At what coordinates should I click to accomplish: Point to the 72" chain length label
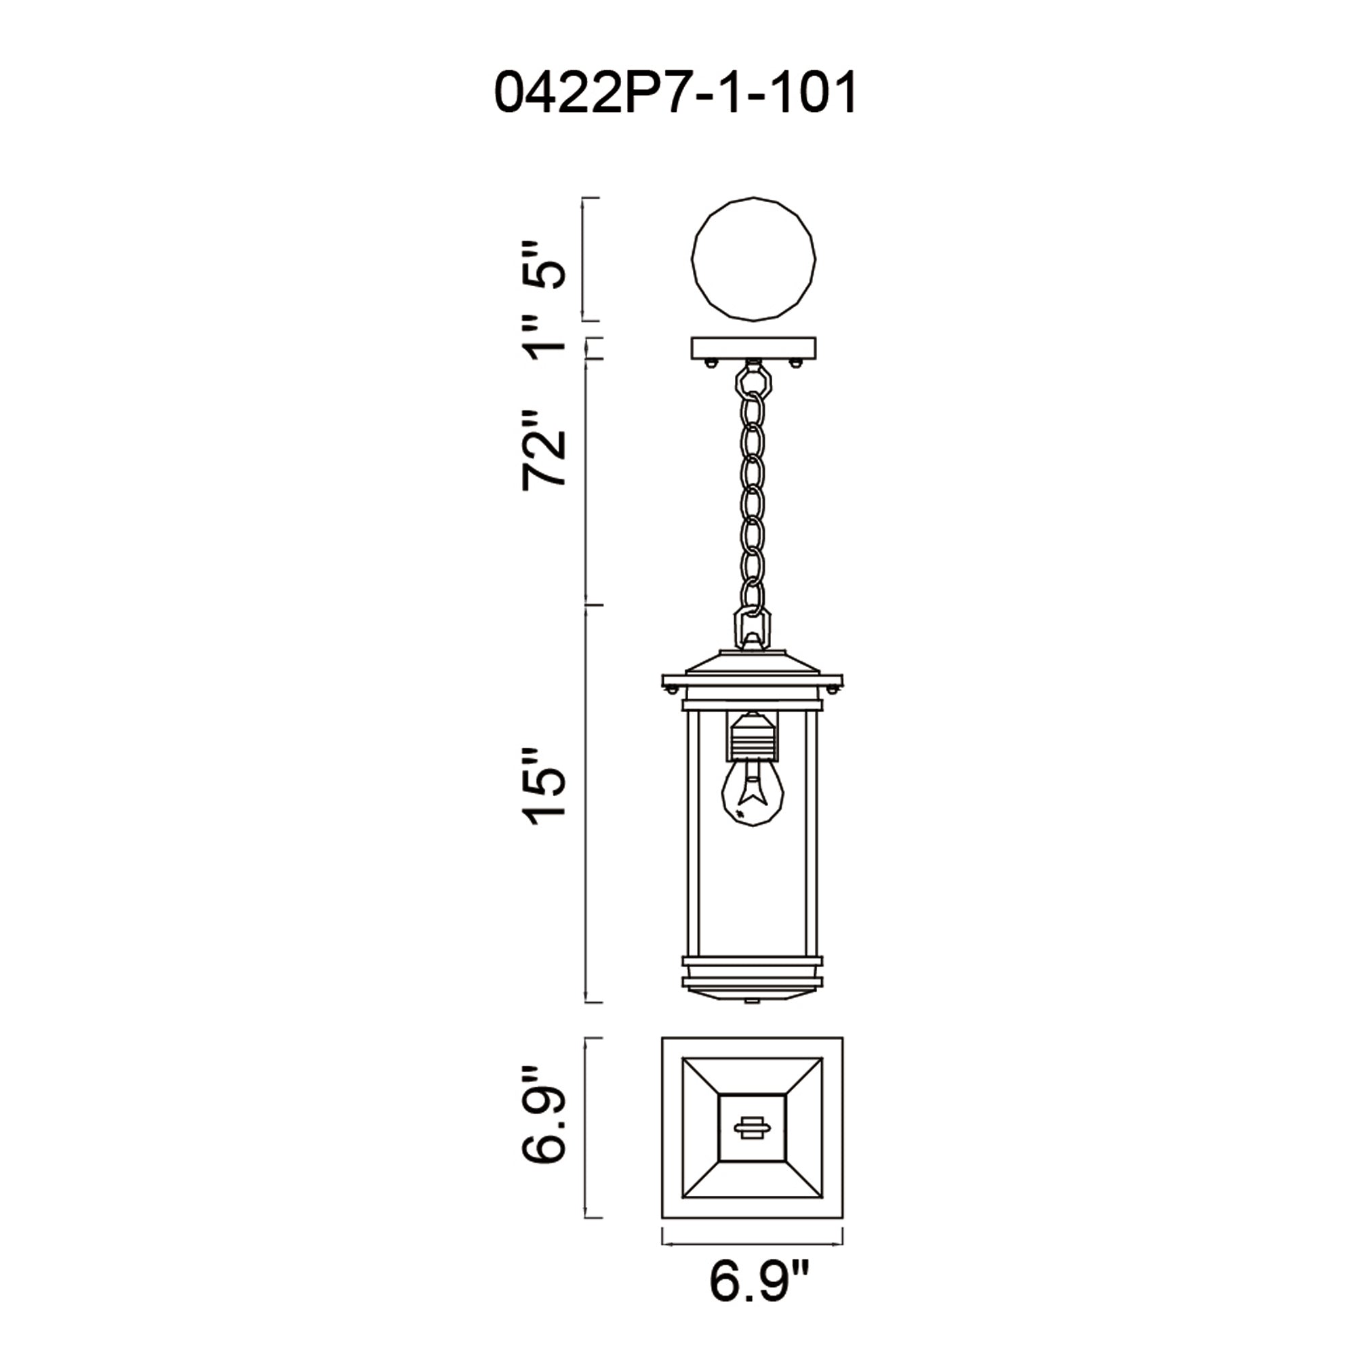pos(544,450)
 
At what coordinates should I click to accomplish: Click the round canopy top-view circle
pos(754,260)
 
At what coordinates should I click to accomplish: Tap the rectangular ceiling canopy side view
pos(754,347)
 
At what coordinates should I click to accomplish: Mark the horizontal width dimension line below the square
pos(753,1244)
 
